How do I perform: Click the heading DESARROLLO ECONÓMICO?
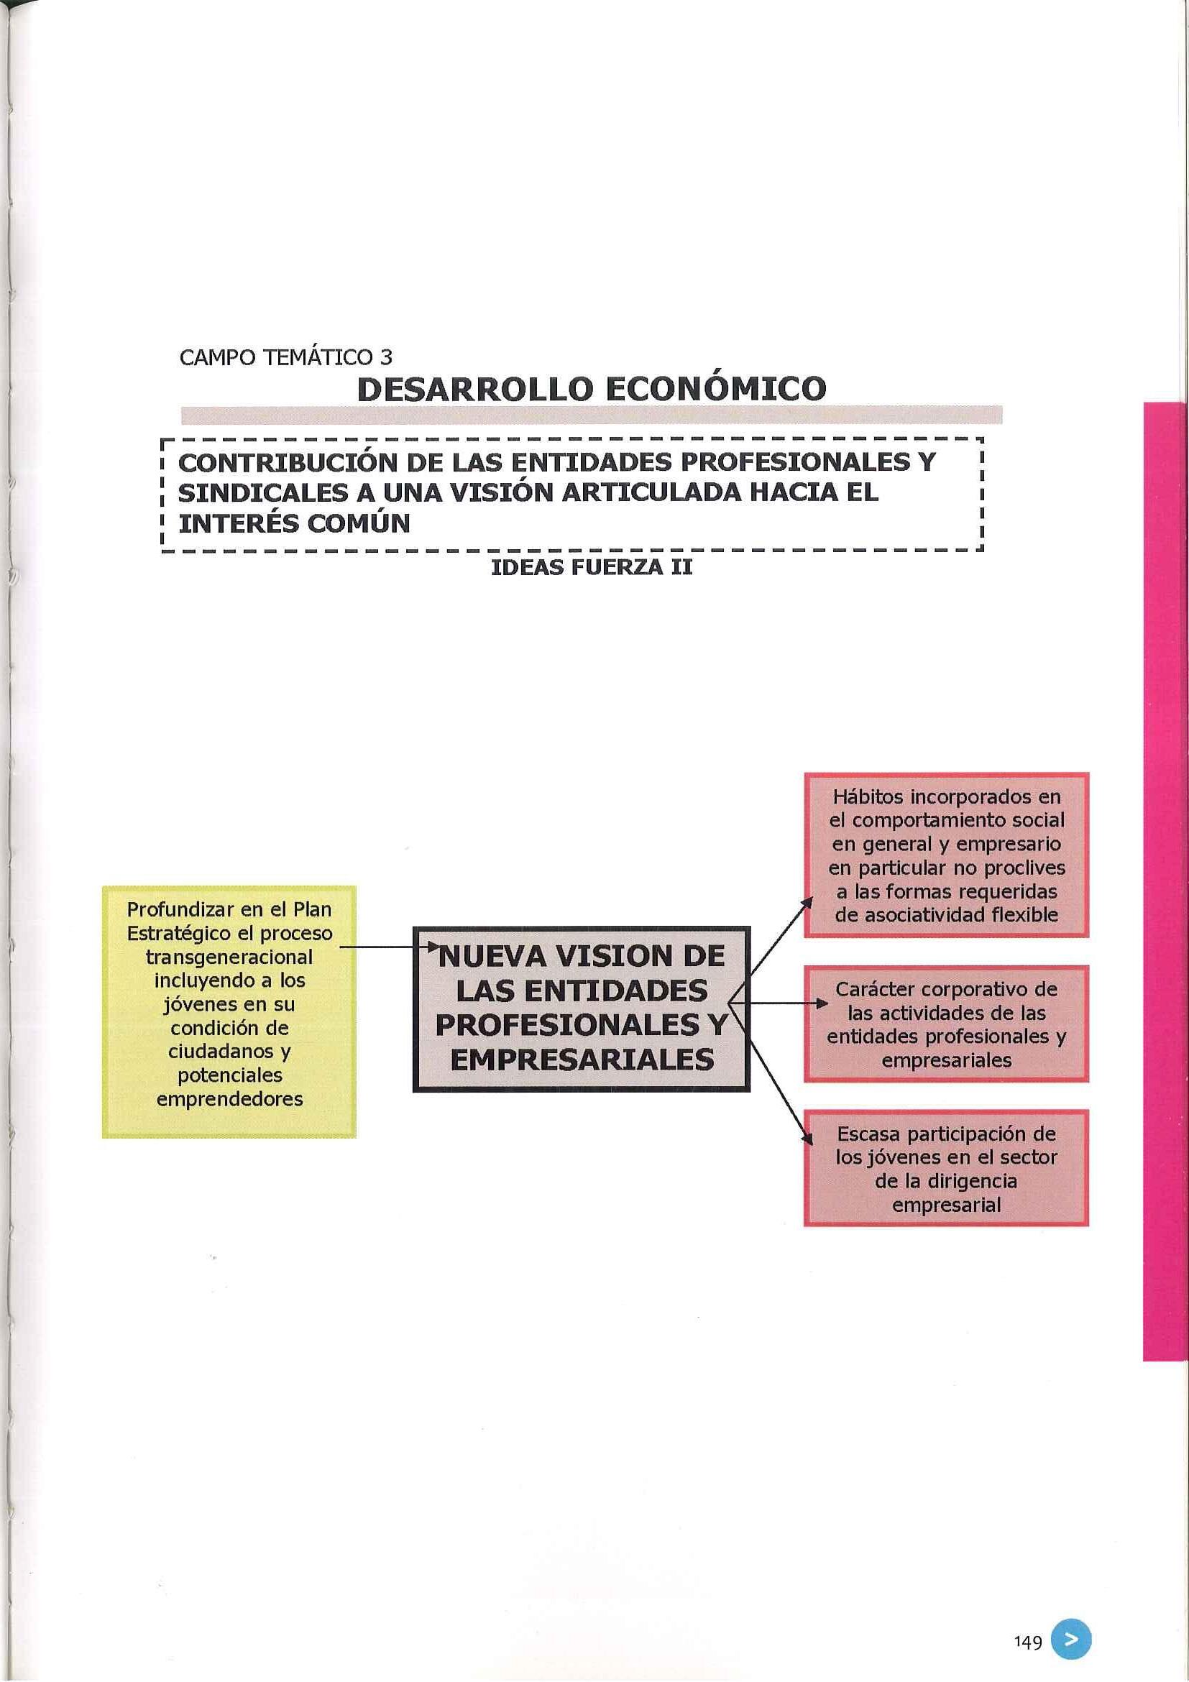click(x=591, y=389)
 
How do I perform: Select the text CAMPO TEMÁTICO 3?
click(x=285, y=357)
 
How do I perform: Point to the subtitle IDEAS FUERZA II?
click(x=591, y=568)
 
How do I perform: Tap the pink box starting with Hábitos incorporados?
click(x=946, y=855)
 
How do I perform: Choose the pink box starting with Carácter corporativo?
click(x=946, y=1024)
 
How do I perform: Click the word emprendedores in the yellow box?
click(x=229, y=1099)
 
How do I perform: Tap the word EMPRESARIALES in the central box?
click(x=582, y=1060)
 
